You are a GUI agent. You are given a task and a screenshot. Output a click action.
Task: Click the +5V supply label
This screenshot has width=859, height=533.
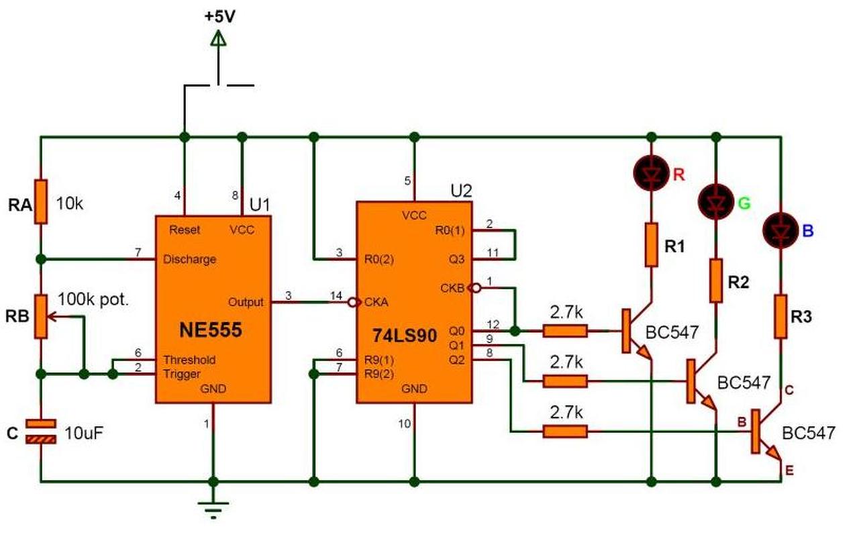pos(219,17)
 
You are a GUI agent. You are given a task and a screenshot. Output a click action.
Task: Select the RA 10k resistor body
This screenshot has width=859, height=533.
pos(41,201)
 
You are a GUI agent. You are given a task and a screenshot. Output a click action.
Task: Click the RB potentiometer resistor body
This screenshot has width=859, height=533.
pos(41,316)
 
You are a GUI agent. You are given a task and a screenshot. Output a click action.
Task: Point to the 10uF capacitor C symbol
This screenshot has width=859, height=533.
pos(41,432)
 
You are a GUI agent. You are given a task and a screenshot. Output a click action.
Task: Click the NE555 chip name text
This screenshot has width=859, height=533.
pos(211,330)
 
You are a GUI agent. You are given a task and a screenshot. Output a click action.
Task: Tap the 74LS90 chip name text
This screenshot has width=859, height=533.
pos(405,336)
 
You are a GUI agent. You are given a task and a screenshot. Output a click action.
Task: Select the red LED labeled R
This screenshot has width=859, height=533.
pos(651,173)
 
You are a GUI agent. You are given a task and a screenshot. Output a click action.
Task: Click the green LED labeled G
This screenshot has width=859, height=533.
pos(715,201)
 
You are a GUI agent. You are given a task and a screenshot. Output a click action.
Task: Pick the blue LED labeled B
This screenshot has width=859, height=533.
pos(780,230)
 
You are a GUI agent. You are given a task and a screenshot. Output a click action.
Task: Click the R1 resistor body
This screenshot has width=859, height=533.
pos(651,244)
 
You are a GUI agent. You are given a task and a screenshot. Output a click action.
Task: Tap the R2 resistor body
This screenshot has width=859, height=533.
pos(715,281)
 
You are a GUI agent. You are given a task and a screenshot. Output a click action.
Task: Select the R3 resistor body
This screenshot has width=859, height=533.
pos(780,317)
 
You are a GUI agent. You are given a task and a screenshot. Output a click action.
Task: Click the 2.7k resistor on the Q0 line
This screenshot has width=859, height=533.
pos(565,330)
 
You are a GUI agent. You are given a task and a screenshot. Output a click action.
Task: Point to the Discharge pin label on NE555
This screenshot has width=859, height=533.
pos(189,260)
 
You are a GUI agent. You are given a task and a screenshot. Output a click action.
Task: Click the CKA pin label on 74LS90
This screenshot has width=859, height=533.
pos(376,302)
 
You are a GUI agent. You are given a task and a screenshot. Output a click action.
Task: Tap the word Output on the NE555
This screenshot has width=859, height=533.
pos(246,302)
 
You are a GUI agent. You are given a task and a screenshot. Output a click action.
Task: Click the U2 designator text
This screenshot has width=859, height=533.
pos(461,191)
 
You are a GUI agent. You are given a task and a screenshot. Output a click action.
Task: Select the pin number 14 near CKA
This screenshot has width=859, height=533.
pos(336,296)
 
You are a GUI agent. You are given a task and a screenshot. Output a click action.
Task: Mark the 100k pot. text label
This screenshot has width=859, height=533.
pos(93,299)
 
